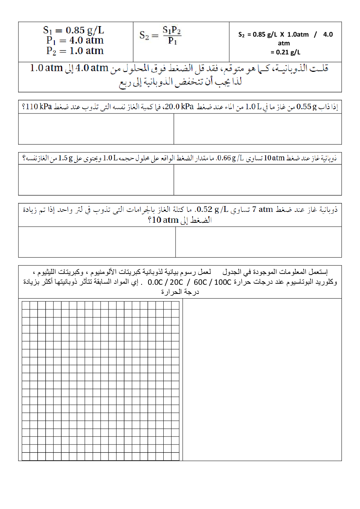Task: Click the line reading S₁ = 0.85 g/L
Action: (x=74, y=30)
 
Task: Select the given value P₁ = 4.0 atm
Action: (x=75, y=40)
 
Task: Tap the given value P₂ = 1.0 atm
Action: (x=75, y=51)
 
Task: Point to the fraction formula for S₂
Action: (x=160, y=35)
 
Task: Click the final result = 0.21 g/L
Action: (x=286, y=52)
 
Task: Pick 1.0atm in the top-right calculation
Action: (x=298, y=34)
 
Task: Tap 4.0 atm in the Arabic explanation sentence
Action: (x=92, y=68)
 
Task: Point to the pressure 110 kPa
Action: (x=39, y=107)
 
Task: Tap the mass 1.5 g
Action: (x=65, y=158)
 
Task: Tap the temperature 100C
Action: (x=222, y=282)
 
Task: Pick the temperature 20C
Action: (x=176, y=282)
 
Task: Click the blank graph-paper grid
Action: (x=101, y=381)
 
